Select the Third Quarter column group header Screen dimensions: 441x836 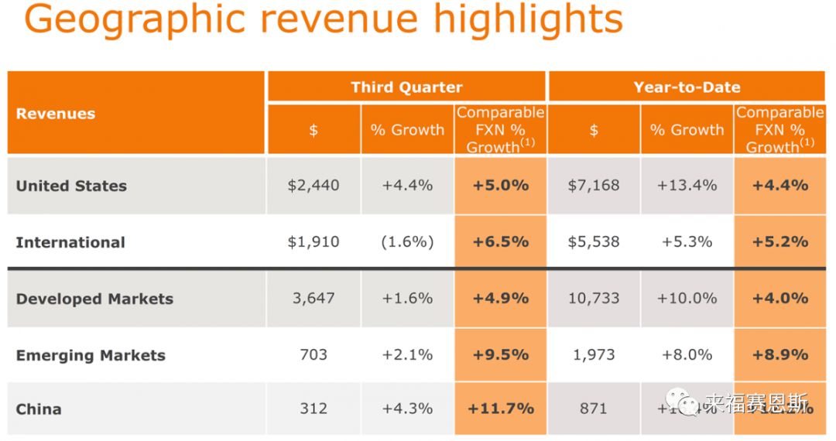(x=406, y=87)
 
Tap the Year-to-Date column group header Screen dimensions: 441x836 (x=687, y=87)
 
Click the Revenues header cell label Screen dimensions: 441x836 (x=56, y=114)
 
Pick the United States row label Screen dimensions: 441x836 (x=71, y=186)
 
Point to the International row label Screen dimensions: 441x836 (x=70, y=242)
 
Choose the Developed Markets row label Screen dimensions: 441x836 (x=94, y=299)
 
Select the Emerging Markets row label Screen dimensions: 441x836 (x=91, y=355)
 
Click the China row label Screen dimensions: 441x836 (x=39, y=409)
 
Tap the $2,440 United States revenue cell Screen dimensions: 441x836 (x=313, y=186)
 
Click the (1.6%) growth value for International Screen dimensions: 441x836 (x=407, y=242)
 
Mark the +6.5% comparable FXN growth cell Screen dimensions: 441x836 (x=501, y=242)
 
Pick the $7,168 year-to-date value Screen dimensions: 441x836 (x=594, y=186)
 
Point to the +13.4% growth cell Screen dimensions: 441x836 (x=687, y=186)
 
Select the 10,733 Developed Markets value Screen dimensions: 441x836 (x=594, y=299)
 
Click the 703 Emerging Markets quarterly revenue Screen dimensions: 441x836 (x=313, y=355)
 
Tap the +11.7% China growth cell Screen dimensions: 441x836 (x=501, y=409)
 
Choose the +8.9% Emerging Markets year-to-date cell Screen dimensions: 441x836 (x=780, y=355)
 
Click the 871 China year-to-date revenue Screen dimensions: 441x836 (x=594, y=409)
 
